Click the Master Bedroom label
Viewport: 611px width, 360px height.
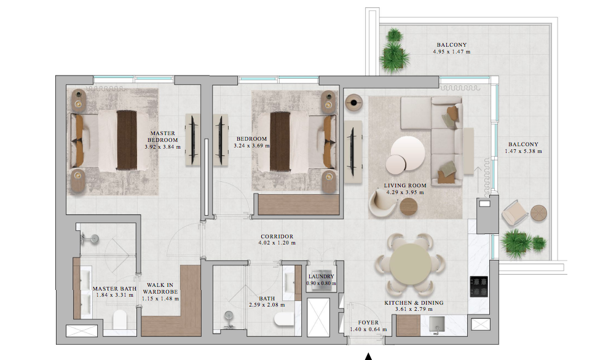click(x=162, y=136)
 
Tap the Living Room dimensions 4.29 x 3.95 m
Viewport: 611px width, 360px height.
click(x=405, y=192)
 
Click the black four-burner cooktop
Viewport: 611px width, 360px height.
click(x=478, y=286)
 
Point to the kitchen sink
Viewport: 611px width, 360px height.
click(x=437, y=324)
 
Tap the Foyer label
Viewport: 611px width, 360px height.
click(x=368, y=323)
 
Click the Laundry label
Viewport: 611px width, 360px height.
click(x=321, y=276)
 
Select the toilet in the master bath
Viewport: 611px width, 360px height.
click(x=120, y=319)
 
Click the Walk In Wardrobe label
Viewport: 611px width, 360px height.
click(x=160, y=288)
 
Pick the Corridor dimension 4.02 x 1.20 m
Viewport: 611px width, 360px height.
click(x=277, y=243)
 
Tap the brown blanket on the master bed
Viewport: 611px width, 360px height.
click(x=127, y=140)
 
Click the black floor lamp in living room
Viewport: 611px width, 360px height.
click(x=353, y=103)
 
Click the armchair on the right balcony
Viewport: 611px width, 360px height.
click(x=514, y=213)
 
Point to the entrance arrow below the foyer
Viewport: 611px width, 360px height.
click(x=368, y=356)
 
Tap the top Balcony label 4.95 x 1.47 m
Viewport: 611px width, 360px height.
click(x=452, y=49)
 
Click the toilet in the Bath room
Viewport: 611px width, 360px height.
click(x=283, y=319)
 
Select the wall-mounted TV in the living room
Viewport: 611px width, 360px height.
click(x=353, y=152)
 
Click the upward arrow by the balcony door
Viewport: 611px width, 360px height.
click(x=478, y=179)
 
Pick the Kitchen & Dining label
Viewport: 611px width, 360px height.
click(x=414, y=303)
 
